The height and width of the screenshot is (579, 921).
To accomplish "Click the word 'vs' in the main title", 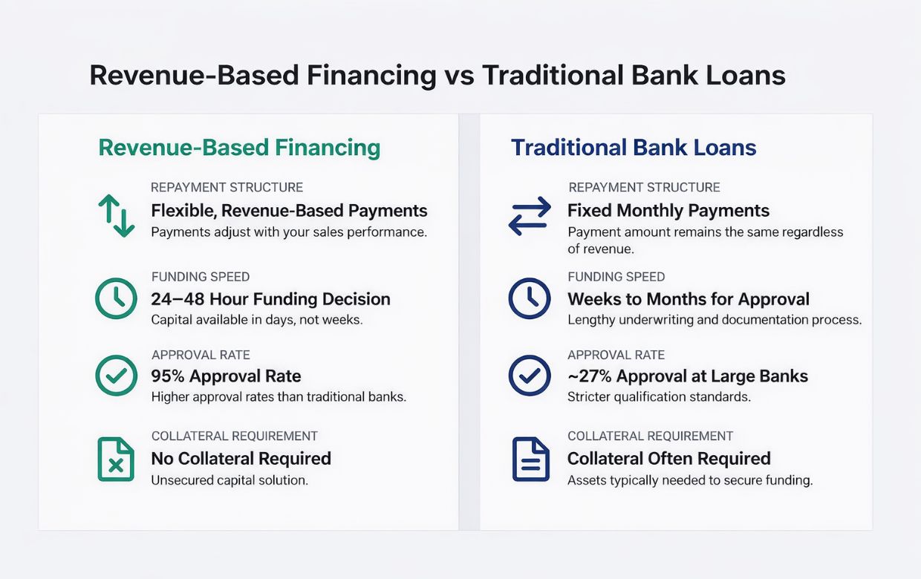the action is click(459, 76).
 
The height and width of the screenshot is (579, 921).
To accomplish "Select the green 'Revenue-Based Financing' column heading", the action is click(239, 148).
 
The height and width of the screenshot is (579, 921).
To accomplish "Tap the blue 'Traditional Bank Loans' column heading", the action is click(633, 148).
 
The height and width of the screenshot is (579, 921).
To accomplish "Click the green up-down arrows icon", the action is click(116, 216).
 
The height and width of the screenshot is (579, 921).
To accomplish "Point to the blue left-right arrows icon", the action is click(530, 216).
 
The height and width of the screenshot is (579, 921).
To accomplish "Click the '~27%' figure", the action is click(589, 376).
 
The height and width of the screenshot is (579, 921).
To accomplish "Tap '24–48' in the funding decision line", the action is click(178, 299).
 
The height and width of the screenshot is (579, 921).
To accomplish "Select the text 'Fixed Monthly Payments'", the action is click(668, 210).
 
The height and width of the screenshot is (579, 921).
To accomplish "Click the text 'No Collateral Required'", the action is click(241, 459).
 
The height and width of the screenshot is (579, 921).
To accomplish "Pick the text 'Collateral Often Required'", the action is click(669, 459).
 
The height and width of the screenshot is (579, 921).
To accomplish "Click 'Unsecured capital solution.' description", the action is click(230, 480).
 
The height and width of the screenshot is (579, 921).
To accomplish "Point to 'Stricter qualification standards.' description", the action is click(659, 397).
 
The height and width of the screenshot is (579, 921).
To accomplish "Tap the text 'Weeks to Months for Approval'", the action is click(689, 299).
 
